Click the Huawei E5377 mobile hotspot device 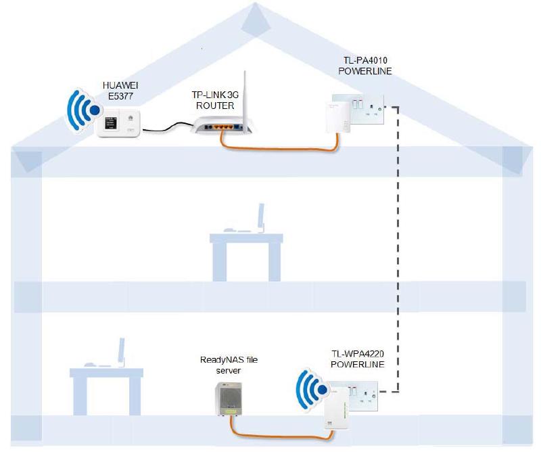(119, 125)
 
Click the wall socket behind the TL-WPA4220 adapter (362, 392)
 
